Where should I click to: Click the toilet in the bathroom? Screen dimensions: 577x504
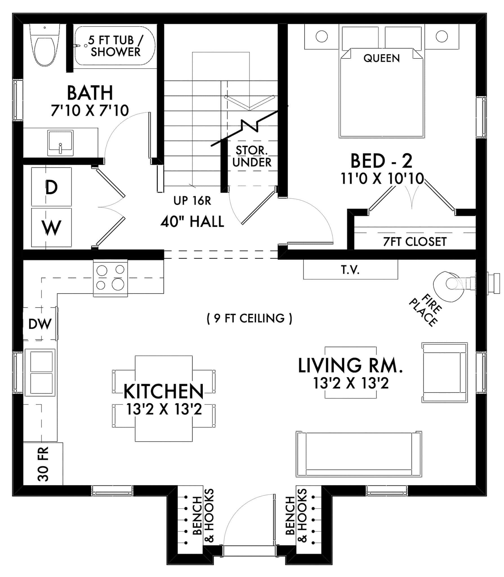pyautogui.click(x=44, y=48)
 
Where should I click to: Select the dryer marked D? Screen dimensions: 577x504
pyautogui.click(x=51, y=187)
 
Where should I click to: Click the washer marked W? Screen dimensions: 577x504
pyautogui.click(x=51, y=227)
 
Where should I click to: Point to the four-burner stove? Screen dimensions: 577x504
pyautogui.click(x=110, y=278)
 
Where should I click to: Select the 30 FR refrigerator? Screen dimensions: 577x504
pyautogui.click(x=43, y=464)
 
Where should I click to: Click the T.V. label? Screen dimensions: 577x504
pyautogui.click(x=350, y=270)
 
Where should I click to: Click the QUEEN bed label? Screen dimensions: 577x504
pyautogui.click(x=382, y=58)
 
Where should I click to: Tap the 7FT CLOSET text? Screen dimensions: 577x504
pyautogui.click(x=414, y=242)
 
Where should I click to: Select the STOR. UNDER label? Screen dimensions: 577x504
pyautogui.click(x=252, y=157)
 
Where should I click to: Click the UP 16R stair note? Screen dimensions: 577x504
pyautogui.click(x=192, y=201)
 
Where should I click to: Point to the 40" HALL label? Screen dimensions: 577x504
pyautogui.click(x=192, y=222)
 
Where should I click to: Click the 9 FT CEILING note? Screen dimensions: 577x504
pyautogui.click(x=249, y=318)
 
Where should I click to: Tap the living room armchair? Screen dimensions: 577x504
pyautogui.click(x=444, y=372)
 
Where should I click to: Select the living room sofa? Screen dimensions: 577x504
pyautogui.click(x=359, y=454)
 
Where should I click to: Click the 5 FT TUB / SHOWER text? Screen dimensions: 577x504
pyautogui.click(x=115, y=46)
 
